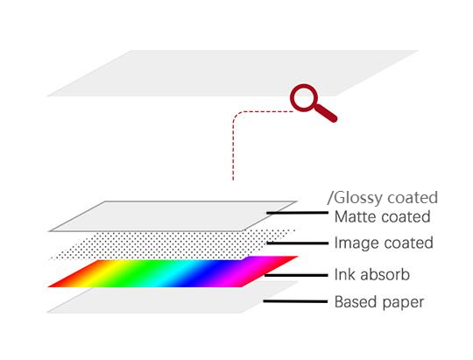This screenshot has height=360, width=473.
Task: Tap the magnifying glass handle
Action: pyautogui.click(x=325, y=113)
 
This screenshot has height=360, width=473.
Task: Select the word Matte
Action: pyautogui.click(x=355, y=217)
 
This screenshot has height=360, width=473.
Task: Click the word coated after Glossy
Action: pyautogui.click(x=413, y=198)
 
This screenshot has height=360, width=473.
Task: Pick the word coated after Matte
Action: pyautogui.click(x=406, y=217)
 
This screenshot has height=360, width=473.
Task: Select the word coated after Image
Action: pyautogui.click(x=408, y=243)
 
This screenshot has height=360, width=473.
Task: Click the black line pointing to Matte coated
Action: pyautogui.click(x=298, y=213)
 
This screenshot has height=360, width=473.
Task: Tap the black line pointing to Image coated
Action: pyautogui.click(x=298, y=243)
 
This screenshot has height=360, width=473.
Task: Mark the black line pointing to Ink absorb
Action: pyautogui.click(x=296, y=275)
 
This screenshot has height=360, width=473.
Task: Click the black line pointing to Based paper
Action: pyautogui.click(x=295, y=301)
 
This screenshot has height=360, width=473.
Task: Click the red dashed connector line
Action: pyautogui.click(x=233, y=145)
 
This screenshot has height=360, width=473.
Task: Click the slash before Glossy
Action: pyautogui.click(x=330, y=198)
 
